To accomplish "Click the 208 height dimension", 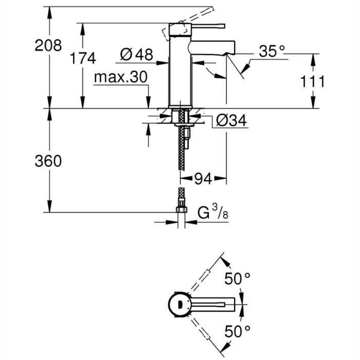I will (48, 45).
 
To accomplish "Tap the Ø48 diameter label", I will (137, 53).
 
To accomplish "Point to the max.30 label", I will (121, 78).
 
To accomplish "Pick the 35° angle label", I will (272, 51).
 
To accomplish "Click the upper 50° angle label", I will (237, 278).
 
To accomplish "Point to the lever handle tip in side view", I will (222, 24).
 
